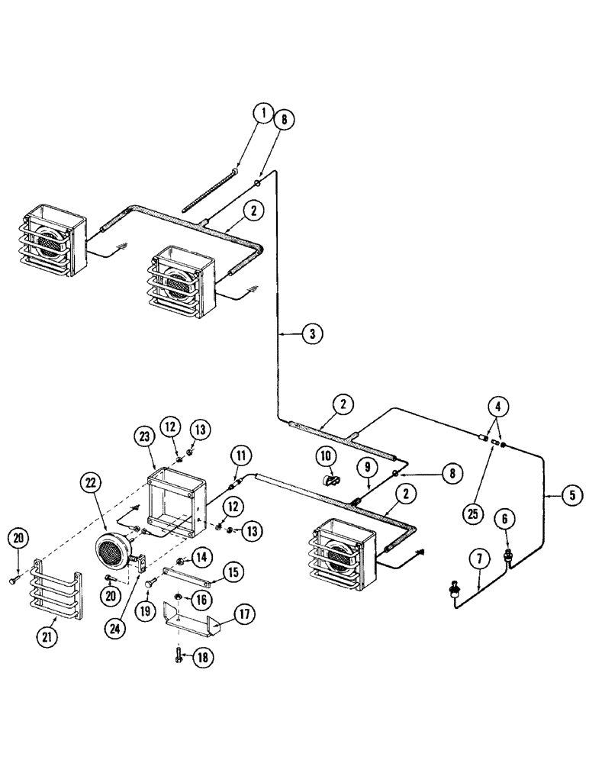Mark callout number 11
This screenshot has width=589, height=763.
click(x=241, y=456)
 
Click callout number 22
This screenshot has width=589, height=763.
click(x=91, y=483)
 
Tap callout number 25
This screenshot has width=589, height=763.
click(x=472, y=514)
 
